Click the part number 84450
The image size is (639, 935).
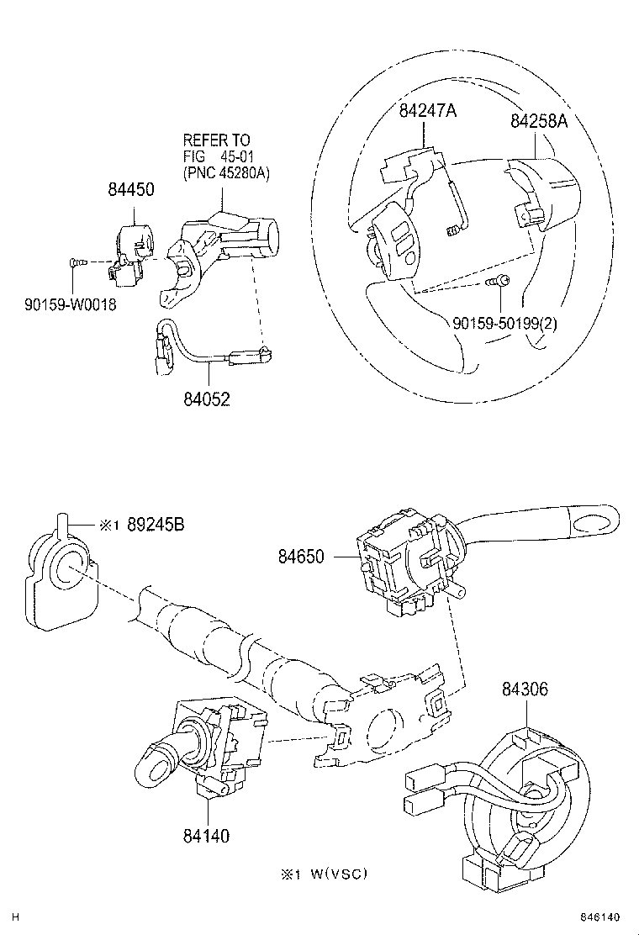pos(130,190)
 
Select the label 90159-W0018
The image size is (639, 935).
pos(70,304)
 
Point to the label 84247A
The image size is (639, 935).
pos(427,110)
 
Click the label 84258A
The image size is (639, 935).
pos(539,121)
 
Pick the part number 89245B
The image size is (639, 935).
pos(156,525)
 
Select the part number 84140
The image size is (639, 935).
pos(204,836)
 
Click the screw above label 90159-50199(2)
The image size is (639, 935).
pos(499,282)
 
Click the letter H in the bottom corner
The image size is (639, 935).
pos(14,917)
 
